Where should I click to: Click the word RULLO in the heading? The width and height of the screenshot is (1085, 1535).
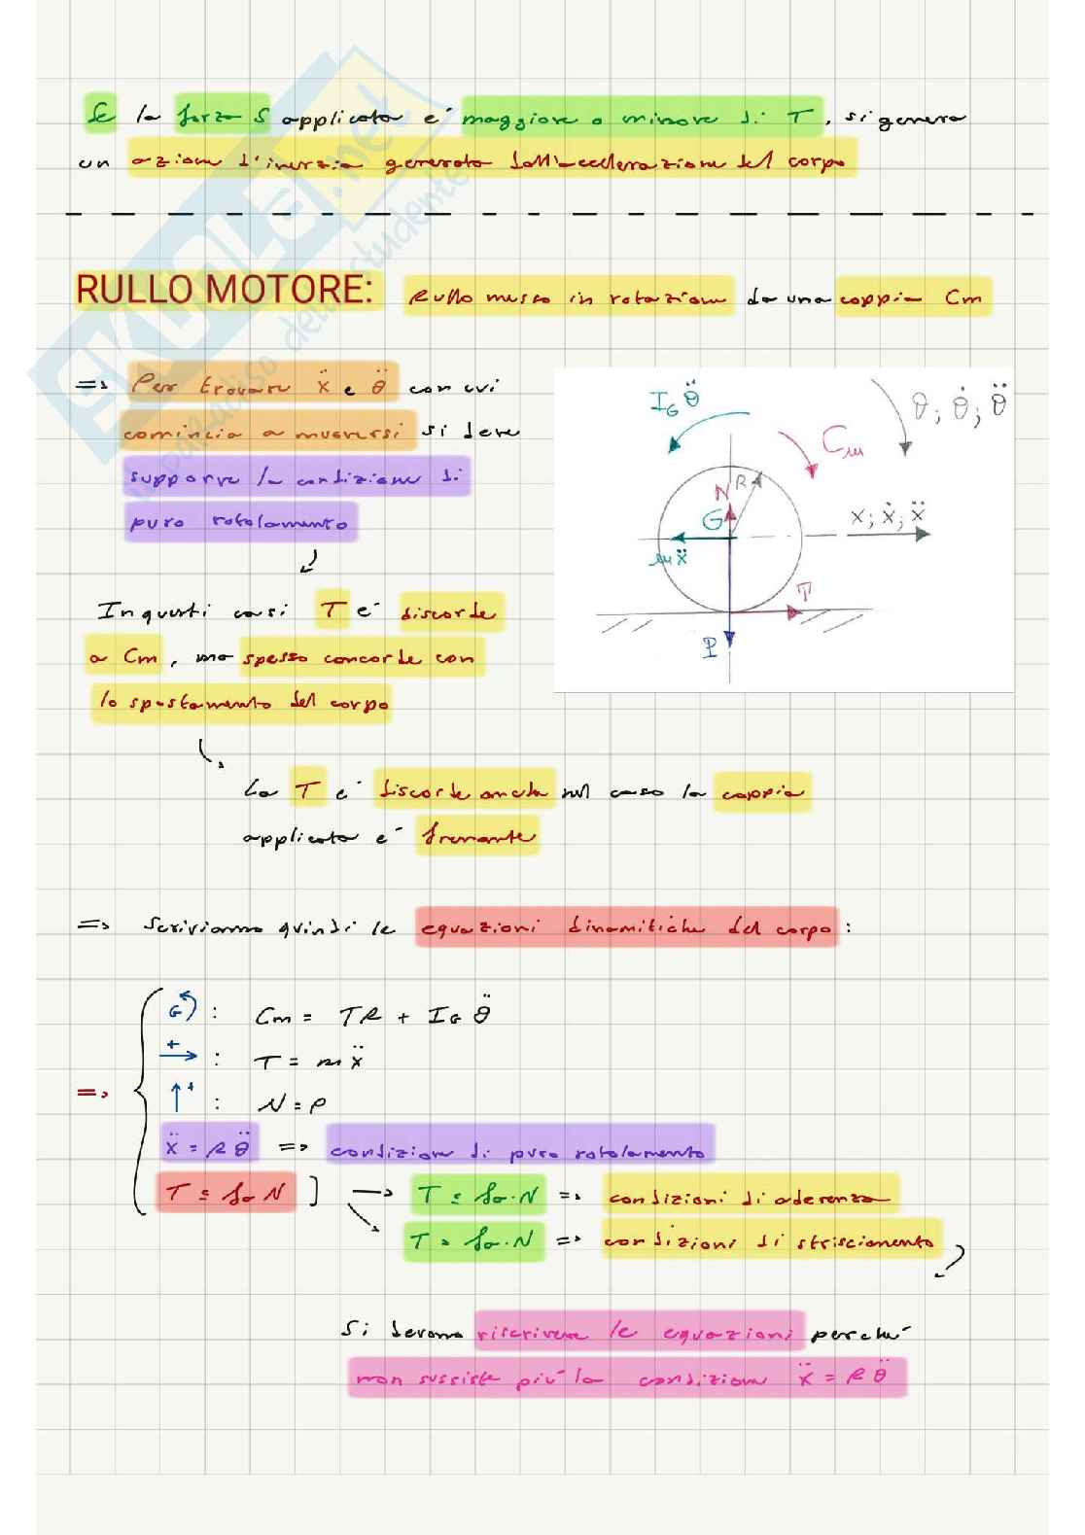coord(123,290)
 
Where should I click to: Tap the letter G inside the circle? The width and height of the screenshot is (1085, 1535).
coord(713,522)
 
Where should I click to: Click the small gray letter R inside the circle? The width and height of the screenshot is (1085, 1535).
coord(741,482)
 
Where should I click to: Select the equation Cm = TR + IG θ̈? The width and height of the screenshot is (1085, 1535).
coord(372,1016)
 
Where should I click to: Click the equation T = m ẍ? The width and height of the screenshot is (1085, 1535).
coord(308,1062)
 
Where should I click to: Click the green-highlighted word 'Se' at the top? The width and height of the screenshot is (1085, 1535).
coord(98,116)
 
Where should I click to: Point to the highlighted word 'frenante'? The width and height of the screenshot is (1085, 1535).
coord(477,836)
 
